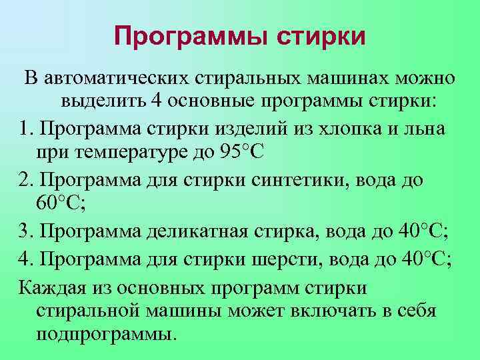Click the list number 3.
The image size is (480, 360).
point(25,231)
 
